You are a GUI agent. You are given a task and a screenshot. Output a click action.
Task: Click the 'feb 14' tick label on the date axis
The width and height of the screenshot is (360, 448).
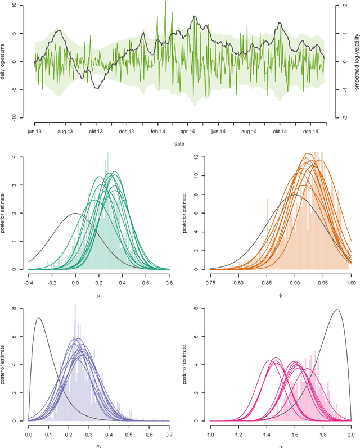pyautogui.click(x=157, y=130)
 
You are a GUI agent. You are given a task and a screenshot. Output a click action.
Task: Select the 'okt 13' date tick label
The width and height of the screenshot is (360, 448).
pyautogui.click(x=96, y=130)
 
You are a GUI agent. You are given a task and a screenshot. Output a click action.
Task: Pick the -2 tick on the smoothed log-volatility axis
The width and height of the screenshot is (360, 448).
pyautogui.click(x=337, y=117)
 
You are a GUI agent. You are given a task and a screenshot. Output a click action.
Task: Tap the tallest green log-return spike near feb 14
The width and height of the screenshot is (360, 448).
pyautogui.click(x=165, y=2)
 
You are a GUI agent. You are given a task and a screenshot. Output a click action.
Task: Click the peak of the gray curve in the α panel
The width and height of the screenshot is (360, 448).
pyautogui.click(x=336, y=310)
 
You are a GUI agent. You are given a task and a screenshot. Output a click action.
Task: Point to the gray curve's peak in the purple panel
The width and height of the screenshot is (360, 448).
pyautogui.click(x=38, y=318)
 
